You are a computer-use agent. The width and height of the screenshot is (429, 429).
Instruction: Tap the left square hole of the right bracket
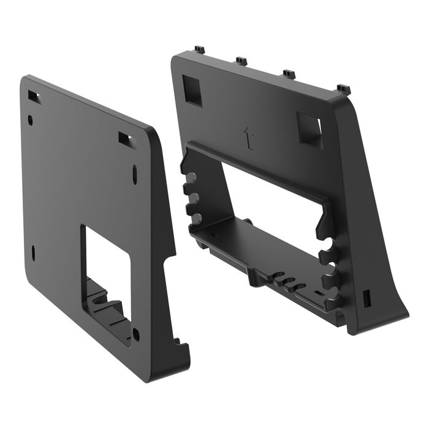point(191,89)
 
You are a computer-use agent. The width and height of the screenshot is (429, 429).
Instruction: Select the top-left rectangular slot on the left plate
point(33,96)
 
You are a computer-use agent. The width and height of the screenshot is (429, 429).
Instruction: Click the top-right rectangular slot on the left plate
point(126,139)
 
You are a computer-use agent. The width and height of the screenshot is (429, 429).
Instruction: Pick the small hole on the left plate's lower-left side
point(33,251)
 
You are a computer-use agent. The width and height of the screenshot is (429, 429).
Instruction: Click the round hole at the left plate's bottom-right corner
point(135,335)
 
